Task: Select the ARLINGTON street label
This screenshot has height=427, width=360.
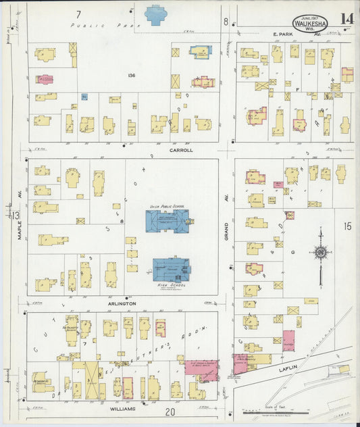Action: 122,303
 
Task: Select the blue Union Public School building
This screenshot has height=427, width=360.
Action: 167,220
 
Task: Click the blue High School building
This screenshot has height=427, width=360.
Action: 171,269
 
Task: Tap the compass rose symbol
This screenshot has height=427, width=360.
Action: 319,253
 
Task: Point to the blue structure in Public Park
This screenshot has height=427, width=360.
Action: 156,14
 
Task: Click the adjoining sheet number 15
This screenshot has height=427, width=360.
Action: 347,226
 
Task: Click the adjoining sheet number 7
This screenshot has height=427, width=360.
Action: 78,14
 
